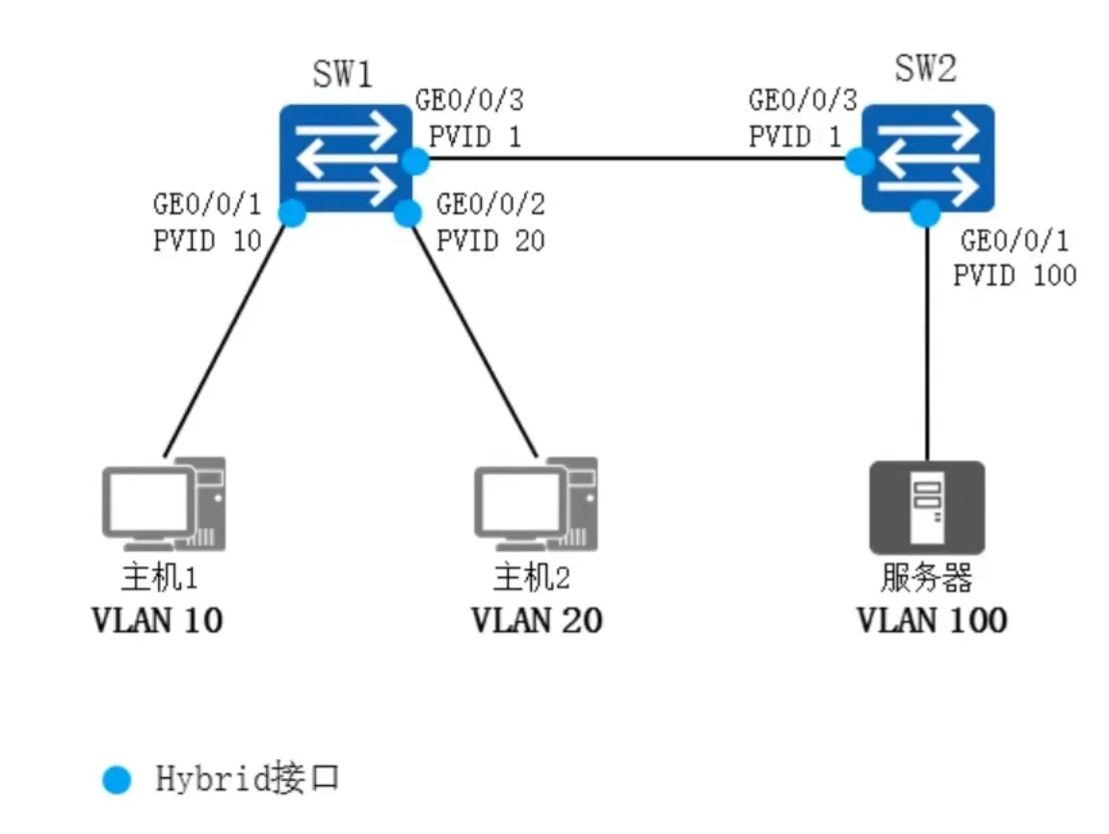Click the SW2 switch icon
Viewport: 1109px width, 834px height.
[928, 158]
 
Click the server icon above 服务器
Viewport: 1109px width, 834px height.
[927, 507]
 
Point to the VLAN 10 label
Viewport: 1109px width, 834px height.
[157, 620]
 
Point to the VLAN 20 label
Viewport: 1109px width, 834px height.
[537, 620]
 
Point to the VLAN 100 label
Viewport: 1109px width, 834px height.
[932, 620]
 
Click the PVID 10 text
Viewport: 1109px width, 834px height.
[208, 240]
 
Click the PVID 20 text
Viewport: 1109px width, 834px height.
[490, 240]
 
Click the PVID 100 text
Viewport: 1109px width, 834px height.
[1015, 275]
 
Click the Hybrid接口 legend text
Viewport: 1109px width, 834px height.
[248, 778]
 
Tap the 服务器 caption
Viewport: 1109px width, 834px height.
[926, 578]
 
